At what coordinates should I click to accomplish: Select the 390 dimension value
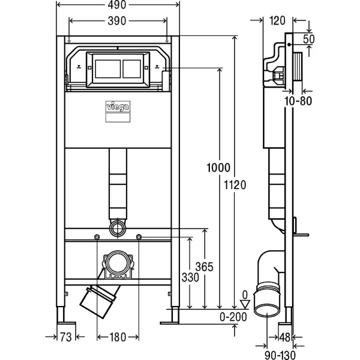point(118,21)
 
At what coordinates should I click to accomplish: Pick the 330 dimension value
point(189,278)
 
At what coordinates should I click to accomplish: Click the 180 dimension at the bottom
point(118,338)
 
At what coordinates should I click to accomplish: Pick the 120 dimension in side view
point(277,21)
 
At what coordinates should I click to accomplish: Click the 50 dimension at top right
point(309,39)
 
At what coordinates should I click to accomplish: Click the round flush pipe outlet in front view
point(118,227)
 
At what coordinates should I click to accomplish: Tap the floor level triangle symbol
point(244,304)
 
